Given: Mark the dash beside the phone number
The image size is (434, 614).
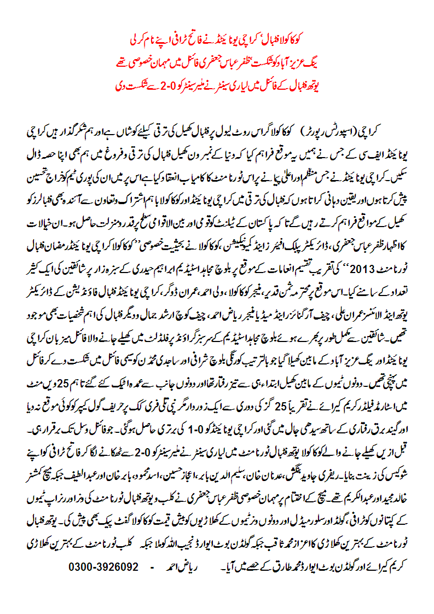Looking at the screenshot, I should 152,567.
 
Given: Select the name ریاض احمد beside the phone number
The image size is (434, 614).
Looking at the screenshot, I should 180,567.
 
